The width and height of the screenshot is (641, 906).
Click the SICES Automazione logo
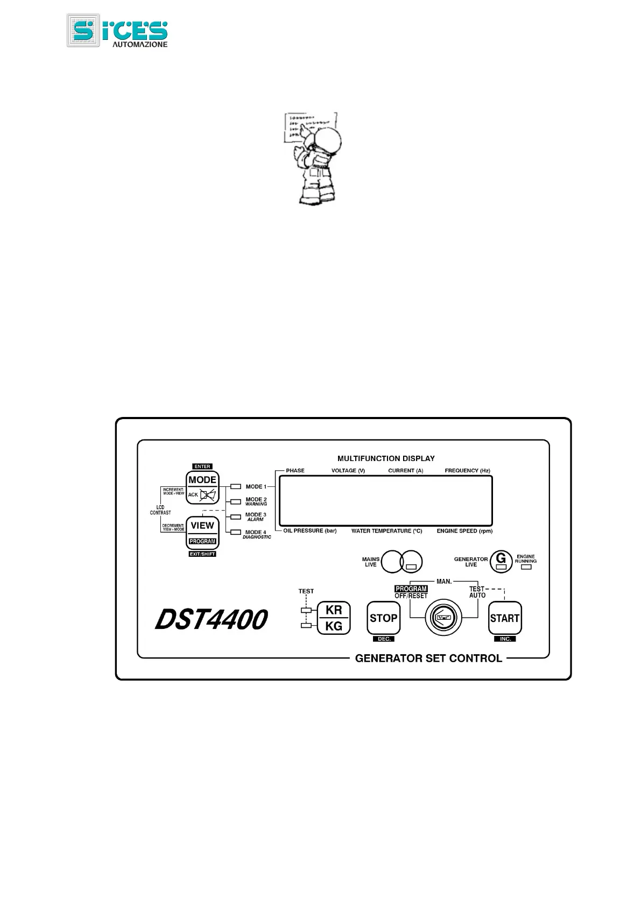coord(117,31)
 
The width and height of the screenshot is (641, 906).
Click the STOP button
coord(383,618)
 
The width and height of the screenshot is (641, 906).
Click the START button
coord(504,618)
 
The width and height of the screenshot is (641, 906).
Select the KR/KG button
coord(334,618)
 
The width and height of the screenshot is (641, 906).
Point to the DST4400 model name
coord(211,620)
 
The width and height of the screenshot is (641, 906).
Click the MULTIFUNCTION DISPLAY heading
coord(386,459)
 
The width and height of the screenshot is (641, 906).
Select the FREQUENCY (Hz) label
coord(467,471)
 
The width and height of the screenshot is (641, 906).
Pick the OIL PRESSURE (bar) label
coord(310,531)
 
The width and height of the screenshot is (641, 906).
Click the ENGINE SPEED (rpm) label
coord(464,531)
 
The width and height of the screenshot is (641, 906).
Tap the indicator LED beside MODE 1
coord(235,487)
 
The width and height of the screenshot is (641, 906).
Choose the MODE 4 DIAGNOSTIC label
coord(256,535)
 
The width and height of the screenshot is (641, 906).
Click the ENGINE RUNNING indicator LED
coord(526,567)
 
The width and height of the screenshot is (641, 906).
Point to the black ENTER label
coord(202,466)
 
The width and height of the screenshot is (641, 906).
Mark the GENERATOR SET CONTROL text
coord(428,658)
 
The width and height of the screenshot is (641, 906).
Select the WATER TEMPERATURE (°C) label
coord(386,531)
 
